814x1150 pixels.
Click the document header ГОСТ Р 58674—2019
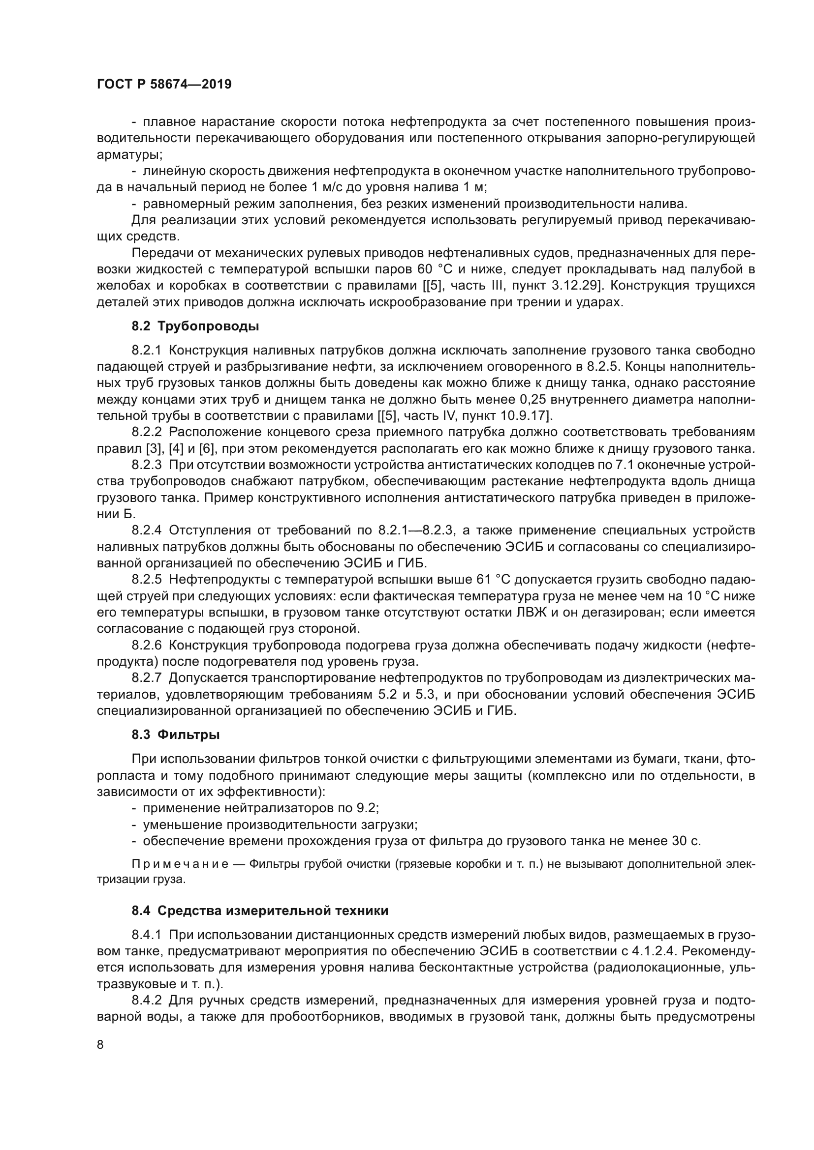tap(164, 85)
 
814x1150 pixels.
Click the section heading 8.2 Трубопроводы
tap(195, 326)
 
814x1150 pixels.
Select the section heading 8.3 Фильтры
tap(175, 735)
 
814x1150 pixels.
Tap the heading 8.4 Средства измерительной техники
tap(260, 911)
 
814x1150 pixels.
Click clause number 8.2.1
tap(146, 350)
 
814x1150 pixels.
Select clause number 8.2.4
tap(146, 531)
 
